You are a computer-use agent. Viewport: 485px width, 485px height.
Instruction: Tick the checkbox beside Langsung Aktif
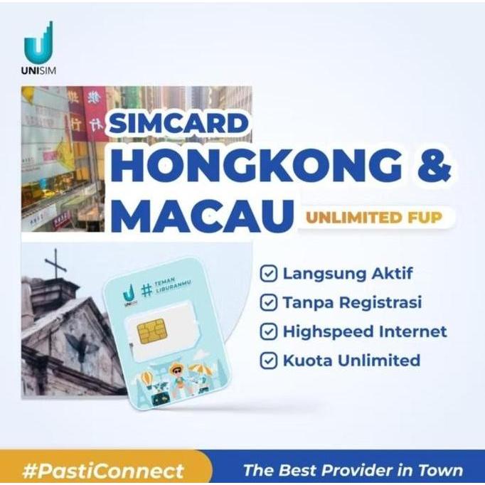pyautogui.click(x=268, y=274)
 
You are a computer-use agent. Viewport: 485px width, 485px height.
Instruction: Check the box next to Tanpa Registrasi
pyautogui.click(x=268, y=303)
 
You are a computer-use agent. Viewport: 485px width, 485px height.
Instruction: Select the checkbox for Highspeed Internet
pyautogui.click(x=268, y=331)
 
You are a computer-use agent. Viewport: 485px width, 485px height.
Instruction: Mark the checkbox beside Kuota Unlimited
pyautogui.click(x=268, y=361)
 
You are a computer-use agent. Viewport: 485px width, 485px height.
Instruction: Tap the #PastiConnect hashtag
pyautogui.click(x=104, y=470)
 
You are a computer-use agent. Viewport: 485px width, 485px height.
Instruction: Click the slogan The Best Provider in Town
pyautogui.click(x=352, y=470)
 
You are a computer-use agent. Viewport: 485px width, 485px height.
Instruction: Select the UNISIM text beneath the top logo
pyautogui.click(x=38, y=70)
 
